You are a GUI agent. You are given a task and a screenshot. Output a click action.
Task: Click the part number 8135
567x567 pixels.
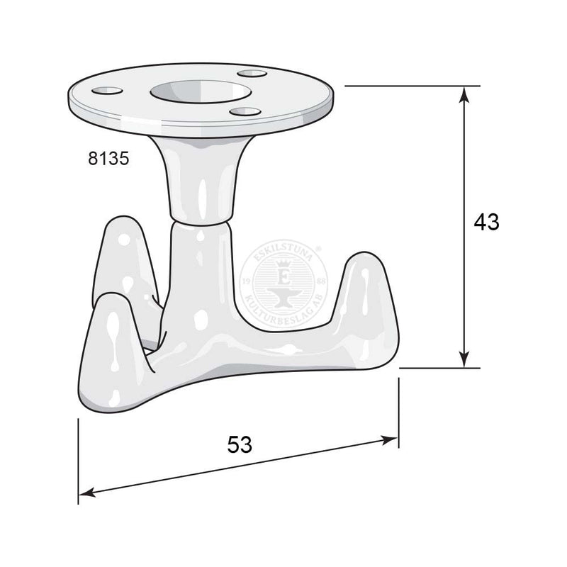[108, 159]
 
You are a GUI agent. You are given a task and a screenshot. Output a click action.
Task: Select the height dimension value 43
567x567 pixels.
[486, 222]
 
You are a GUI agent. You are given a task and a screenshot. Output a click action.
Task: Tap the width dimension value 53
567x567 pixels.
[240, 444]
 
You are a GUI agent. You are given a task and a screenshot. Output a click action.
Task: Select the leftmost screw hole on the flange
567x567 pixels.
[106, 91]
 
